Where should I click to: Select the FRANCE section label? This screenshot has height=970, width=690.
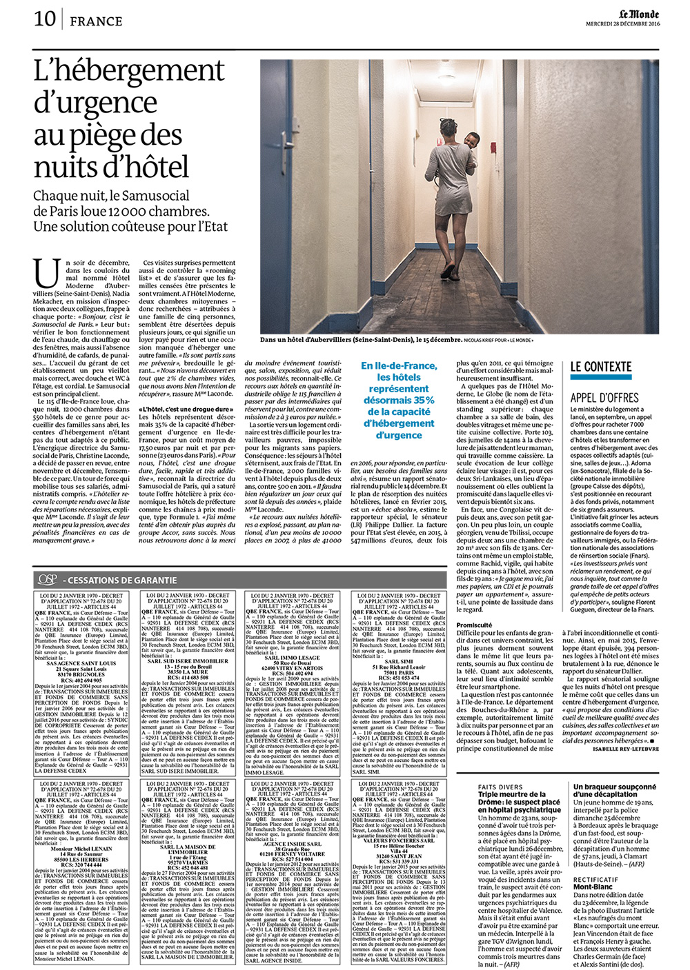[96, 21]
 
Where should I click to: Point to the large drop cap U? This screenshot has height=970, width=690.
[47, 274]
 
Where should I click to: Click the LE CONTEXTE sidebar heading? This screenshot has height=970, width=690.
[600, 367]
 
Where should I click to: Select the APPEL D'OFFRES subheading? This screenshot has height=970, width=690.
[604, 397]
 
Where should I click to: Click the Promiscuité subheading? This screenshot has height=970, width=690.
[474, 625]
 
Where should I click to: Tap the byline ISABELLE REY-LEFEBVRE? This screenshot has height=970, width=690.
[625, 749]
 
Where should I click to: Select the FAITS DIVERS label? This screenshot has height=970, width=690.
[500, 787]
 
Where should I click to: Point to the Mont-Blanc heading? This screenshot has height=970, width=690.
[593, 887]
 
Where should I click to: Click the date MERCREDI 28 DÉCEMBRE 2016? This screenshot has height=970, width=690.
[622, 24]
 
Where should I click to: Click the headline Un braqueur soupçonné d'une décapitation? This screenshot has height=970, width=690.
[615, 790]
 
